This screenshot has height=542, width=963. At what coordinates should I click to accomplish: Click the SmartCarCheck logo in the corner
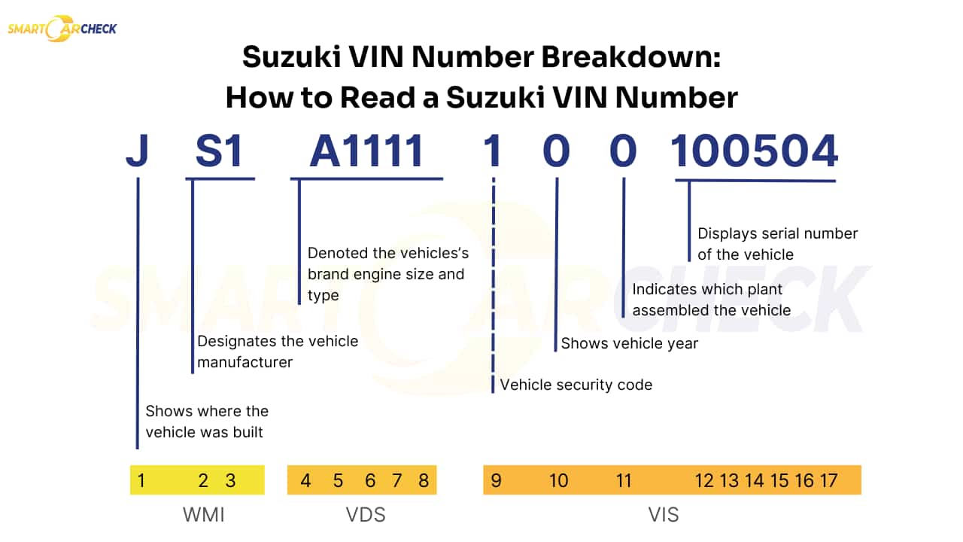coord(62,29)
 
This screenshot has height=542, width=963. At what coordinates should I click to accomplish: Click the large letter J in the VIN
coord(137,151)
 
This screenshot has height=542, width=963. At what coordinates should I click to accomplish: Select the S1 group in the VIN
coord(219,151)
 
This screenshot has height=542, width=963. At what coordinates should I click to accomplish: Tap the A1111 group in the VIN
coord(367,151)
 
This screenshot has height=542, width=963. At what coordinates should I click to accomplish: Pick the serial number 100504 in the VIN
coord(755,151)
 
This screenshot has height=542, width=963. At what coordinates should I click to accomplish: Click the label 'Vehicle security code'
coord(576,385)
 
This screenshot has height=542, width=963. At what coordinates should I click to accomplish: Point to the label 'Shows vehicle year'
coord(630,343)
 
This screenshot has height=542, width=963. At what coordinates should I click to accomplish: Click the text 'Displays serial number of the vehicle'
coord(777,244)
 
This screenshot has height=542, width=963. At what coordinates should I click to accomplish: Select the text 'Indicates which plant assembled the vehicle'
coord(711,300)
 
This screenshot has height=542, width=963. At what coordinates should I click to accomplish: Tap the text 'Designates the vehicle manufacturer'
coord(277,352)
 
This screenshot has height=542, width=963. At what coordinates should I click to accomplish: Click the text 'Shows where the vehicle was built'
coord(206,422)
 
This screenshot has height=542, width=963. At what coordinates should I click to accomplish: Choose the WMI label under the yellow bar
coord(203,515)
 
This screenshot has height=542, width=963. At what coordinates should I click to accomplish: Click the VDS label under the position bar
coord(365,515)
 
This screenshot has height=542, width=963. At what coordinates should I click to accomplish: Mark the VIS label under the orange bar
coord(663,515)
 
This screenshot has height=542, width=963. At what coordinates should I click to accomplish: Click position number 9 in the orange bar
coord(496,480)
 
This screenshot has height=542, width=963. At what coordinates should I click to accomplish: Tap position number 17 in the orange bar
coord(828,480)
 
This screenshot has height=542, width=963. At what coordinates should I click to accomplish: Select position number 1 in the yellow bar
coord(141,480)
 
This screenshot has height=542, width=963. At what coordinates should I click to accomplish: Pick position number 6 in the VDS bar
coord(370,480)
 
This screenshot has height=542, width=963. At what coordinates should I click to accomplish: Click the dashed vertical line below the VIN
coord(494,286)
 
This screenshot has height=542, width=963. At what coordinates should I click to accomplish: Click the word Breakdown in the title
coord(621,58)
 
